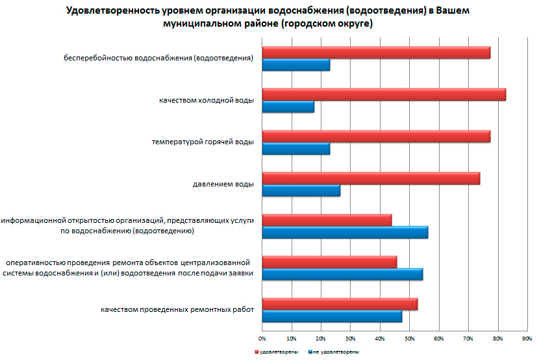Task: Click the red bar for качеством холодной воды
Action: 383,95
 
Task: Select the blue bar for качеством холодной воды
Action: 288,107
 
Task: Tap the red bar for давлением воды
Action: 370,179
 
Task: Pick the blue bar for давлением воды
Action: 301,191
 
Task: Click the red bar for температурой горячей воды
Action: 375,137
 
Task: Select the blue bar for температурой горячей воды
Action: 295,149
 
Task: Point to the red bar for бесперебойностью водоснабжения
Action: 375,53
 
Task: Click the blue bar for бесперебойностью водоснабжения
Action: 295,65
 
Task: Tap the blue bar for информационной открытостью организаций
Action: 344,233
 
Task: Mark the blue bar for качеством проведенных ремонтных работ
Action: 331,316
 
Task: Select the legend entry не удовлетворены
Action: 335,352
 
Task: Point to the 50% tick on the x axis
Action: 409,339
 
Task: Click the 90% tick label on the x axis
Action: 527,339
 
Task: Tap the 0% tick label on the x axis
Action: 262,339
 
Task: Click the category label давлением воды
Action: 223,184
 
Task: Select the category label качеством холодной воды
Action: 206,101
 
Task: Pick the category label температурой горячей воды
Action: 203,142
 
